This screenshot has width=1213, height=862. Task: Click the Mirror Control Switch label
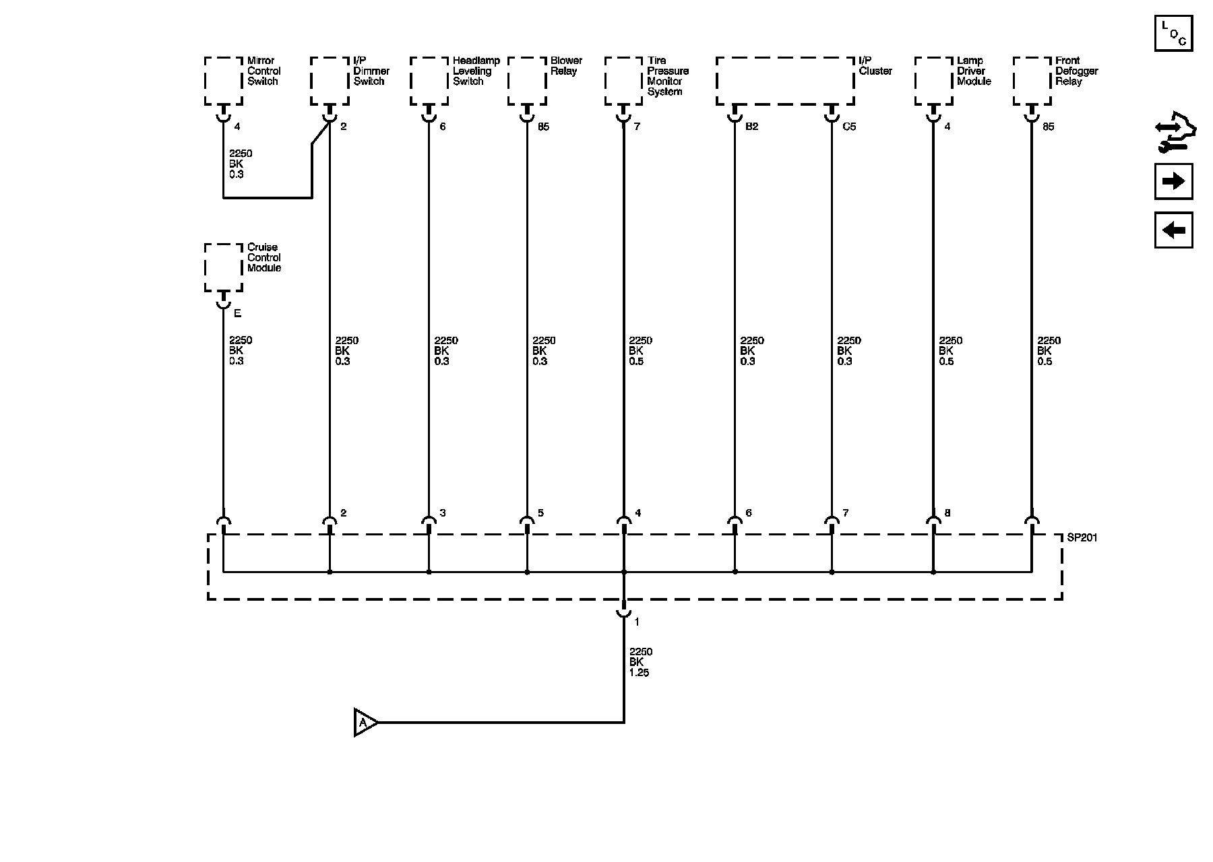pos(263,71)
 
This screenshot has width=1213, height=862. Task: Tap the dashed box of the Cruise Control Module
pos(223,267)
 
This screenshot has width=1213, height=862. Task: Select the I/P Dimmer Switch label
pos(371,71)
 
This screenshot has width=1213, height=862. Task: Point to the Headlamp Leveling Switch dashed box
pos(429,81)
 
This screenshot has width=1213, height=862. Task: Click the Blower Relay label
pos(566,65)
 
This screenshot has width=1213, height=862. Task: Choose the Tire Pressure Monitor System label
pos(668,76)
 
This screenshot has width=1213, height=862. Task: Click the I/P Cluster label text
pos(875,65)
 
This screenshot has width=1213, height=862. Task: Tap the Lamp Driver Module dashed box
pos(933,81)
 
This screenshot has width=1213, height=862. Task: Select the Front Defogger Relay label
pos(1076,71)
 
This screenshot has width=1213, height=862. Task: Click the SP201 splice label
pos(1082,538)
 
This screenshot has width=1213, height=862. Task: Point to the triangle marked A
pos(365,723)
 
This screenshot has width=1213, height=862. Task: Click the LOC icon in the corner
pos(1173,32)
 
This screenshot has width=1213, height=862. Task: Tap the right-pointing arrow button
pos(1173,181)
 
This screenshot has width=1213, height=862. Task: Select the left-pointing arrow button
pos(1173,230)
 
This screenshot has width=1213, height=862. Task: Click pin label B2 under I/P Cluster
pos(752,127)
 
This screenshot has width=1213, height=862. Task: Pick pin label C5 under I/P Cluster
pos(849,127)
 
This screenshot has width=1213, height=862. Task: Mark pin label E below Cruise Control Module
pos(237,314)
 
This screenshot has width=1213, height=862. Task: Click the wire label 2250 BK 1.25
pos(640,662)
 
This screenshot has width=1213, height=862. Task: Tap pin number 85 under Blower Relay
pos(543,127)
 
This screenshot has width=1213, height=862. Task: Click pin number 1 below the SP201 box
pos(637,622)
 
